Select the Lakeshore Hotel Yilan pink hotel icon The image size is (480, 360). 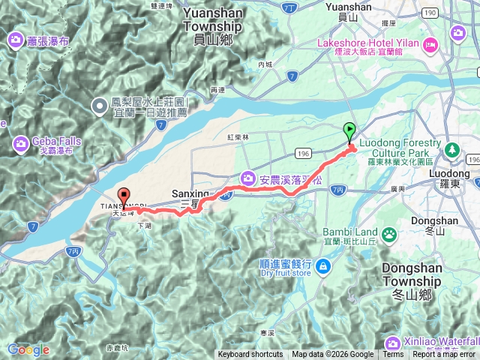[430, 44]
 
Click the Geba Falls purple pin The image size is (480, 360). [20, 142]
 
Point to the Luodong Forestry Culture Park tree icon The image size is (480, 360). [451, 149]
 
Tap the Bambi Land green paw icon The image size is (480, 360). [390, 236]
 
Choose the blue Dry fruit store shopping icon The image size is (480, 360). [322, 266]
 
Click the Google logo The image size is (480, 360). [28, 349]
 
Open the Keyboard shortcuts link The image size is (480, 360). [250, 355]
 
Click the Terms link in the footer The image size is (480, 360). [393, 355]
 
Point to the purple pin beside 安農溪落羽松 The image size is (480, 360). [247, 178]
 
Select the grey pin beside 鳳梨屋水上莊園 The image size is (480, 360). [100, 105]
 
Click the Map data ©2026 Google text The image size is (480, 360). [332, 355]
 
